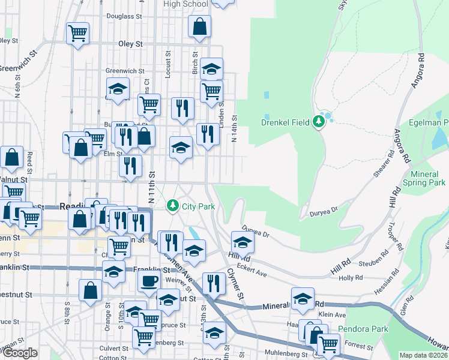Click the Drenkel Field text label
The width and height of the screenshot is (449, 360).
point(285,123)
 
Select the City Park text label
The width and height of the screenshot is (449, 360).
point(198,207)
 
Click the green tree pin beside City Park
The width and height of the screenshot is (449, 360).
point(173,206)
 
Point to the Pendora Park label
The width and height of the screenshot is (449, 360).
point(363,329)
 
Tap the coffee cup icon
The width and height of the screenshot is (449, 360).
point(149,280)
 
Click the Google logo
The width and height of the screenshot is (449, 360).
point(20,353)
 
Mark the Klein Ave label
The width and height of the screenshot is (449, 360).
point(332,314)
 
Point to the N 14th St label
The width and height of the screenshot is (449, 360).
point(235,129)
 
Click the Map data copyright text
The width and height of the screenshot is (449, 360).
point(423,355)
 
